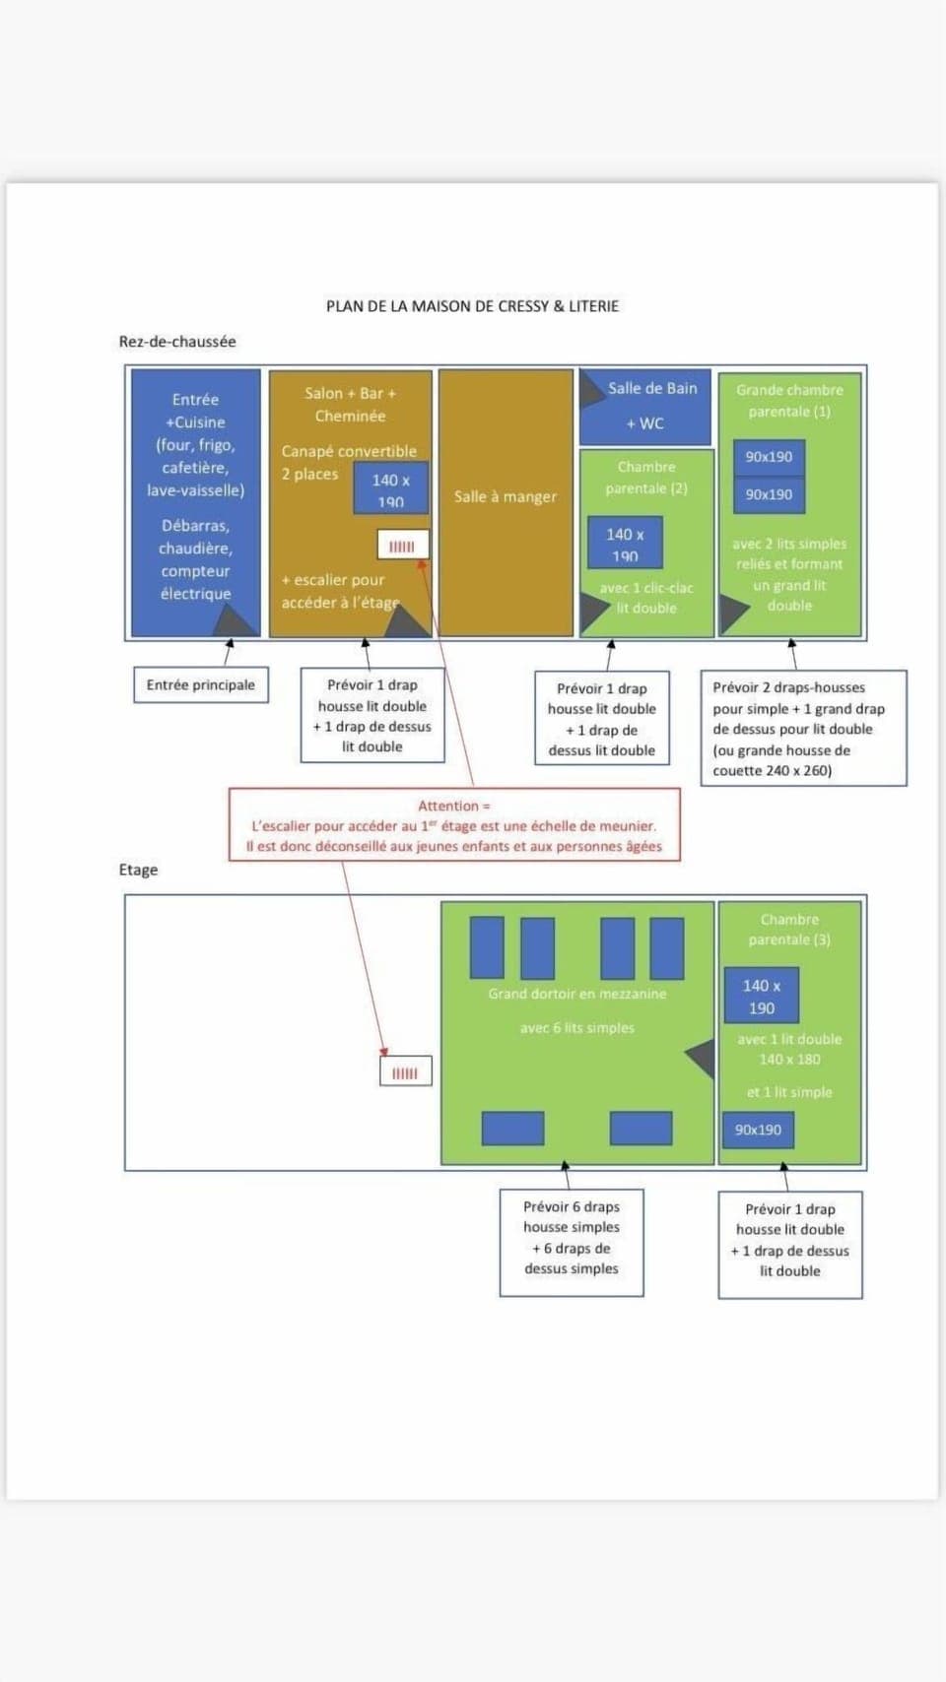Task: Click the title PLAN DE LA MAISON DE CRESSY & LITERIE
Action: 472,306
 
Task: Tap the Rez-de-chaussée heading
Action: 177,342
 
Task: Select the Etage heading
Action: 138,870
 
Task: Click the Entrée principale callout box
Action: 201,685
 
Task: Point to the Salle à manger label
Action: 506,497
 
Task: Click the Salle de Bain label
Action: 652,389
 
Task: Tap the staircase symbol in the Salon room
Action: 402,546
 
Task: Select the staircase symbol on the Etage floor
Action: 405,1072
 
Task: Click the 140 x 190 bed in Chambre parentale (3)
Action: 761,996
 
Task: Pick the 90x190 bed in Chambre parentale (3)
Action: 758,1130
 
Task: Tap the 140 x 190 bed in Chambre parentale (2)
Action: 625,544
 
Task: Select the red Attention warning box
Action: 454,825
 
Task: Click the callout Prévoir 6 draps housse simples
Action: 572,1237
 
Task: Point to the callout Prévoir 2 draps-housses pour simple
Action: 803,729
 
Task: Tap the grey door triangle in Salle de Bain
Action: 591,390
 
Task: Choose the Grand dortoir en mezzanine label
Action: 577,994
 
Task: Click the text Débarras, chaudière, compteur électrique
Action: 196,559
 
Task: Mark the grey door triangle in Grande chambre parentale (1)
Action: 732,614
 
